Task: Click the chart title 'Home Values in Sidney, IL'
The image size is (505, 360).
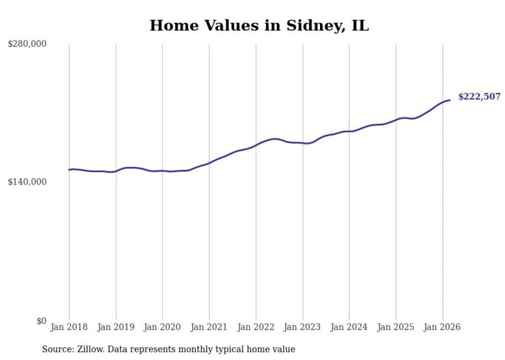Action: pyautogui.click(x=259, y=25)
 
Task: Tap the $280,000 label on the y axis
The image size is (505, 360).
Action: pyautogui.click(x=27, y=44)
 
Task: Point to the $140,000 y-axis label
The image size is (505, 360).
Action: pyautogui.click(x=27, y=182)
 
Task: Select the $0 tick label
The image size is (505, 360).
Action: pyautogui.click(x=42, y=321)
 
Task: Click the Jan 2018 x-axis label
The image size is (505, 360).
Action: pyautogui.click(x=69, y=327)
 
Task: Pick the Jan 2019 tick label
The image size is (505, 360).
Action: pyautogui.click(x=116, y=327)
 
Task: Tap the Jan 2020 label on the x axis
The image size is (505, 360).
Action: pyautogui.click(x=162, y=327)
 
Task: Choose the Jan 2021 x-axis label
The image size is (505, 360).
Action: pyautogui.click(x=209, y=327)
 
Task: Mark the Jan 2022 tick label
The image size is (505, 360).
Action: pyautogui.click(x=256, y=327)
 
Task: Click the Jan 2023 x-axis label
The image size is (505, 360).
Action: pyautogui.click(x=302, y=327)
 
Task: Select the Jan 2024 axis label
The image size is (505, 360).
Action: pyautogui.click(x=349, y=327)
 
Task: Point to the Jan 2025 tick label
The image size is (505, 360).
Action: pyautogui.click(x=396, y=327)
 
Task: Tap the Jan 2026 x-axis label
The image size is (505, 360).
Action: pyautogui.click(x=442, y=327)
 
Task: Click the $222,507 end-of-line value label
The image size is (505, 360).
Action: pyautogui.click(x=479, y=97)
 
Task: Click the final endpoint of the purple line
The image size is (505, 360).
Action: pyautogui.click(x=450, y=100)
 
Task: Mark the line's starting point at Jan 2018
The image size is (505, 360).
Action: pyautogui.click(x=69, y=169)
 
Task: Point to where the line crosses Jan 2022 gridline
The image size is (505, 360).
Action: pyautogui.click(x=256, y=145)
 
